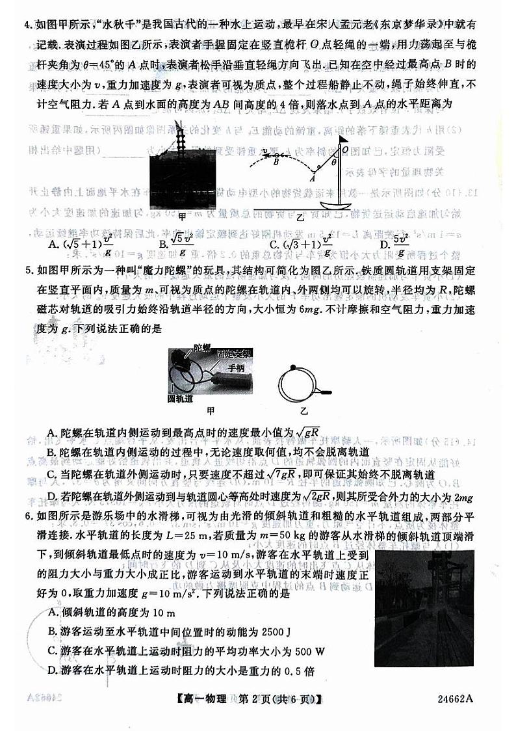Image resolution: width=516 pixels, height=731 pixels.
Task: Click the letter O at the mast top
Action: (344, 149)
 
